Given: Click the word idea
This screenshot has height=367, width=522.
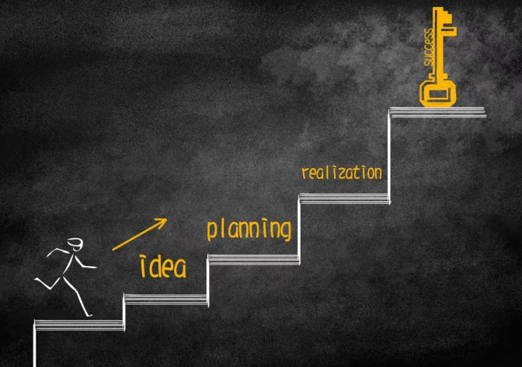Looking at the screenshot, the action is tap(163, 267).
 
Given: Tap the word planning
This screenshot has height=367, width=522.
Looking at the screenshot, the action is tap(249, 229).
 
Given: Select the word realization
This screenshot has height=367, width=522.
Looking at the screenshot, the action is tap(342, 173).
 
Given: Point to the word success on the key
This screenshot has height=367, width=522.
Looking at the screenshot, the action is tap(429, 47).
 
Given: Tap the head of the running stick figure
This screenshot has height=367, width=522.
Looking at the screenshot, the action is tap(75, 244).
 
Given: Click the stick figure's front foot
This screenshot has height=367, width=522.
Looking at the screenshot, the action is tap(89, 315).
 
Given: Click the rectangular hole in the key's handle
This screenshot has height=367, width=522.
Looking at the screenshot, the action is tap(437, 94).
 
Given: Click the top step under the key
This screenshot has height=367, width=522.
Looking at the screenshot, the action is tap(438, 112).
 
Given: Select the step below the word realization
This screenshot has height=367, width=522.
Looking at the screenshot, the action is tap(345, 198).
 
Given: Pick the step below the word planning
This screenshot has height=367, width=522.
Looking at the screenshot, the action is tap(253, 259).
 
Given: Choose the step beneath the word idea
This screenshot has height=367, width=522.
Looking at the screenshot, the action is tap(165, 299).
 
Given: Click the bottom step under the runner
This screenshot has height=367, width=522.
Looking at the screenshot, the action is tap(79, 325).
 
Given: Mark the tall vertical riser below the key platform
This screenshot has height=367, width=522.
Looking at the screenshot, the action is tap(389, 156).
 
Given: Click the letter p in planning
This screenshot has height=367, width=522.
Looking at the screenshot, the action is tap(211, 231).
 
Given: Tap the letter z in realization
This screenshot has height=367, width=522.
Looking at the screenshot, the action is tap(343, 174).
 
